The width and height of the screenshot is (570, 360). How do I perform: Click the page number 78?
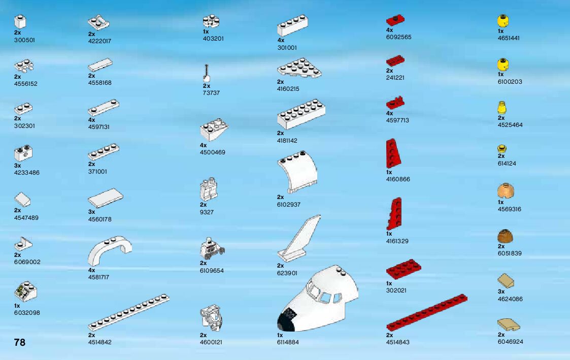point(20,342)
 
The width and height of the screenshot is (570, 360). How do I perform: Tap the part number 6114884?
point(288,342)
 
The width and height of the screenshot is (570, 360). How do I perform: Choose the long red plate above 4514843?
point(426,312)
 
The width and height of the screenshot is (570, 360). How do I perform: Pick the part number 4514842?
point(99,342)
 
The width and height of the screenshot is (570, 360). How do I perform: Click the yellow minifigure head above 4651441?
point(502,21)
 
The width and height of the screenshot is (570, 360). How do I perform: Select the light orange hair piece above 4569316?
point(506,191)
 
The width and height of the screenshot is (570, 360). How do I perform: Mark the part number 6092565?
point(398,37)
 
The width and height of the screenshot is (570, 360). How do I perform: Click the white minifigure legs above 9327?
point(208,189)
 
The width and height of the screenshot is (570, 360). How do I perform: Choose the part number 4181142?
point(287,140)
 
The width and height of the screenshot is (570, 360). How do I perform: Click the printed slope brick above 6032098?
point(25,291)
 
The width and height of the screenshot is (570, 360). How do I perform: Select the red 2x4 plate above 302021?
point(404,269)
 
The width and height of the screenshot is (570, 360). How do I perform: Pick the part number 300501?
point(25,40)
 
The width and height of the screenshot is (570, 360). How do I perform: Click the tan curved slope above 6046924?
point(509,323)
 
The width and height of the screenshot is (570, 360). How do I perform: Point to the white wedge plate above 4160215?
point(300,68)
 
